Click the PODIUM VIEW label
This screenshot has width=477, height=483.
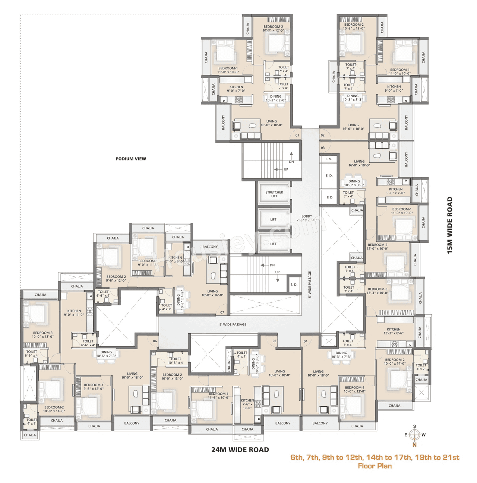coord(131,159)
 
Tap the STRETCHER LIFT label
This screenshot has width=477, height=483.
coord(274,194)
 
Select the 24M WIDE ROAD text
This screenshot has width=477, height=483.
coord(240,449)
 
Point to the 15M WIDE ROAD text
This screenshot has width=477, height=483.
coord(450,225)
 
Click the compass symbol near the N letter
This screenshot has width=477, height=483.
coord(414,435)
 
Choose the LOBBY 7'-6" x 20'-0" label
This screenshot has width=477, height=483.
coord(307,218)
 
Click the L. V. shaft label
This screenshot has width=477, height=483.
coord(328,159)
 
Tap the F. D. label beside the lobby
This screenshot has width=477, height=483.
coord(330,197)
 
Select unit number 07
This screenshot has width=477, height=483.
coord(222,312)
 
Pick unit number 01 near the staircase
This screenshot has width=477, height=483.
coord(297,135)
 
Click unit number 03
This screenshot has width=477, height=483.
coord(323,148)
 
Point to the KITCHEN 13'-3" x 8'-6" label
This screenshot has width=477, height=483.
coord(394,331)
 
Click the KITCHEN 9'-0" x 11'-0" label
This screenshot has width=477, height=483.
coord(74,313)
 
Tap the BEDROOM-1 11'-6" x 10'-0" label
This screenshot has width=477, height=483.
coord(219,395)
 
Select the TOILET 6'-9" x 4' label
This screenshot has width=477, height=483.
coord(32,353)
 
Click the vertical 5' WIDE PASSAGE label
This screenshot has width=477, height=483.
coord(310,285)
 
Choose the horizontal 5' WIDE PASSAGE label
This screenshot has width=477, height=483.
coord(233,324)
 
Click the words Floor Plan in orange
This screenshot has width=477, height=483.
coord(375,466)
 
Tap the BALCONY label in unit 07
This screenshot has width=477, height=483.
coord(210,247)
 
